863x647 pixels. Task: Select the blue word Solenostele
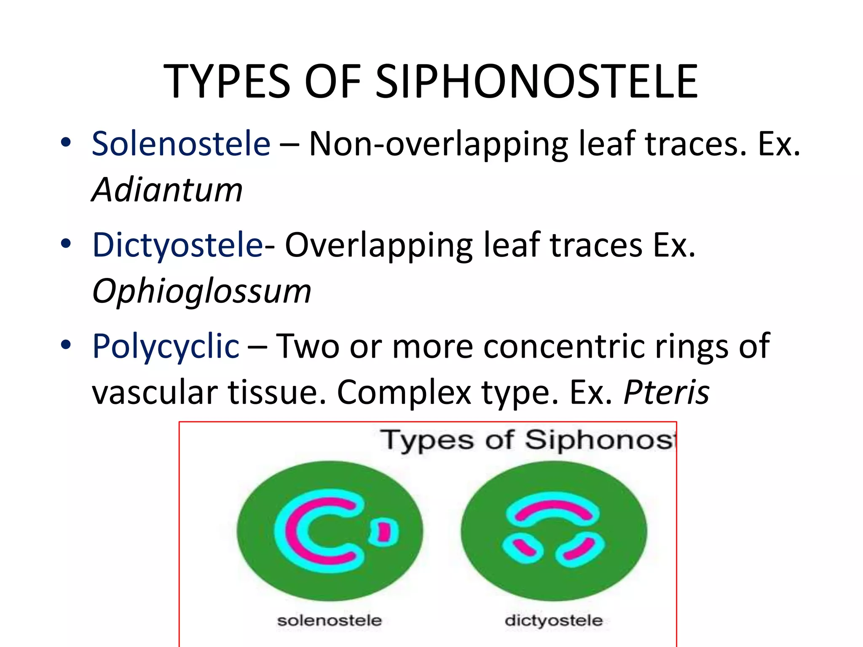[x=181, y=144]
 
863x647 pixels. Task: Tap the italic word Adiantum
[x=167, y=190]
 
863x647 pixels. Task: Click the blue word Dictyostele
[x=177, y=245]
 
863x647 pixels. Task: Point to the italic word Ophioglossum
[x=201, y=291]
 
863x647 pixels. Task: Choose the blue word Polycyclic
[x=166, y=346]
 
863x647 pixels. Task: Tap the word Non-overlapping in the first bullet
[x=438, y=144]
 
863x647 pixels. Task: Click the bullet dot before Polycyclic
[x=66, y=345]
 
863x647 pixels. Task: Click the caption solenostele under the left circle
[x=329, y=620]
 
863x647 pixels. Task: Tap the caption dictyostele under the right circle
[x=553, y=620]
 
